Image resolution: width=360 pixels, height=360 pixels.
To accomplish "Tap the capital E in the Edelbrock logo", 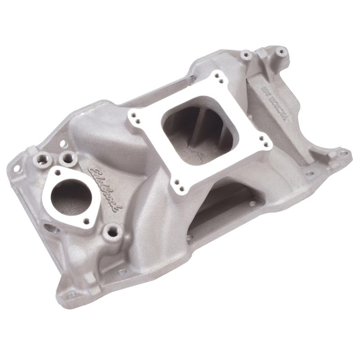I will (91, 170).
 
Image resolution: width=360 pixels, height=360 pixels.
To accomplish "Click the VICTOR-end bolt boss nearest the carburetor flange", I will (246, 55).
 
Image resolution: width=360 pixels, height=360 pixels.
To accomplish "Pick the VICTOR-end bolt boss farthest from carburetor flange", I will (281, 52).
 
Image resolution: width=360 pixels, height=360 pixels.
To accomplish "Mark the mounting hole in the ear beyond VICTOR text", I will (344, 153).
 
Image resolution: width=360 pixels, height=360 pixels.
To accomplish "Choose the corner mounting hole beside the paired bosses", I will (17, 168).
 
